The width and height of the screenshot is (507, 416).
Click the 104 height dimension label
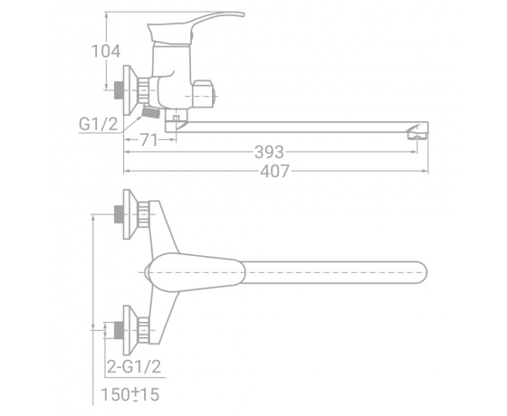[106, 52]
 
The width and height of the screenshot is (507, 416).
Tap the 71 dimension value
[149, 140]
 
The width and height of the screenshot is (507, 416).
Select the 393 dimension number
[269, 152]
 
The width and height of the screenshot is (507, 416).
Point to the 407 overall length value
[274, 171]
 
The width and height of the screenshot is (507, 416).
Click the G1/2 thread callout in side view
[99, 124]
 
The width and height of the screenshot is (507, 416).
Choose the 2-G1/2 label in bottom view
[134, 367]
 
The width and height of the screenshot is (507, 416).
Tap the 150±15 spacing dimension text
[130, 394]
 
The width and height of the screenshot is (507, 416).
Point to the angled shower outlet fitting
[150, 112]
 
